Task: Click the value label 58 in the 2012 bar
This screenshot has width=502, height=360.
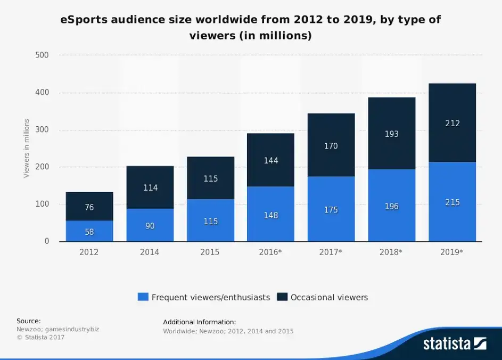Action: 89,232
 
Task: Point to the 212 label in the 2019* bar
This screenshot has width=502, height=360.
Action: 452,124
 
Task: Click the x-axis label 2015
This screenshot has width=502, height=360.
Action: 210,252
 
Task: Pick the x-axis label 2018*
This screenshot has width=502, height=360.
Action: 391,252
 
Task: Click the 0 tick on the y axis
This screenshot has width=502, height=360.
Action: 46,241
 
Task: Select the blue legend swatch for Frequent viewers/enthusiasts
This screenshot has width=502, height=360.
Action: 143,297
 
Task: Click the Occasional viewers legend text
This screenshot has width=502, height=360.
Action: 329,297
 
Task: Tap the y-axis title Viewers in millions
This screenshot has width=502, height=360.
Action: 26,148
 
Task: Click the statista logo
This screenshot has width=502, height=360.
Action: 454,343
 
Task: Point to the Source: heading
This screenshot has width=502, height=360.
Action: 29,321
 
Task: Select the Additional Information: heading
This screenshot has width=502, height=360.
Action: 199,322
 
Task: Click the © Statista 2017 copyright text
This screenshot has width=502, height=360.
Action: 40,337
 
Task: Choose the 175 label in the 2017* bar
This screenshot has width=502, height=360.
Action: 331,210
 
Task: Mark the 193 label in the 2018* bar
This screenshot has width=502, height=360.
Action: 391,134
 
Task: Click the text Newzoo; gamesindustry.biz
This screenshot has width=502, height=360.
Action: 57,329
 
